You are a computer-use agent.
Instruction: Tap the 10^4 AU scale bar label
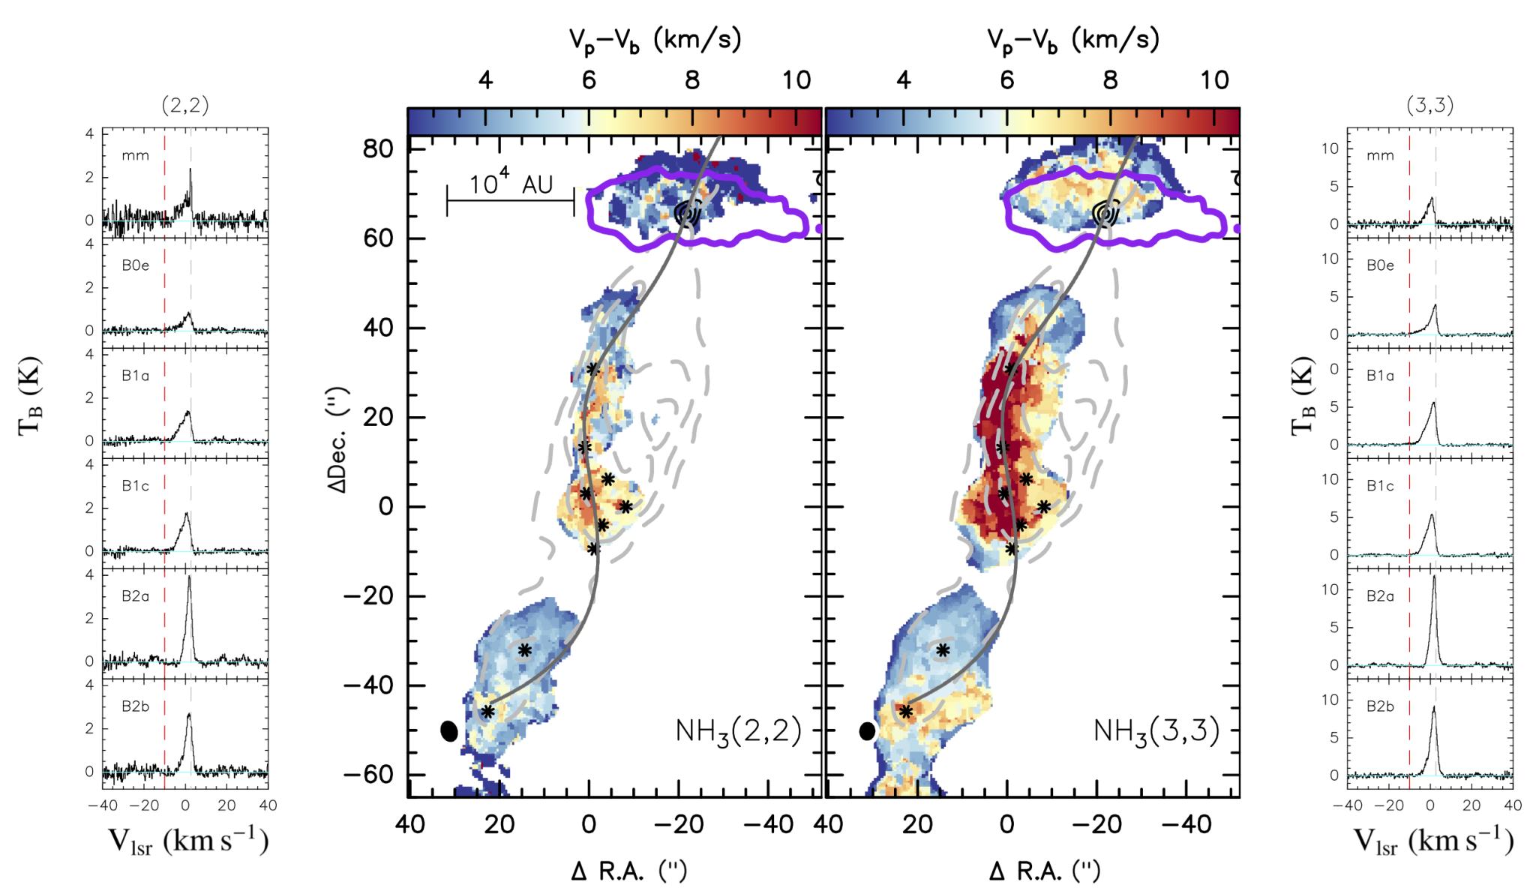511,183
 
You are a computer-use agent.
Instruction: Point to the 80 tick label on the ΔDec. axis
378,149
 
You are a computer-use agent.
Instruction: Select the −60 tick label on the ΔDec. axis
368,775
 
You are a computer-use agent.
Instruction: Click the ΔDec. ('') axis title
337,440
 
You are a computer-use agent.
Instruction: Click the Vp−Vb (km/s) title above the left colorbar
655,40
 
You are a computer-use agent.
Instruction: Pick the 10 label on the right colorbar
1213,79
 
